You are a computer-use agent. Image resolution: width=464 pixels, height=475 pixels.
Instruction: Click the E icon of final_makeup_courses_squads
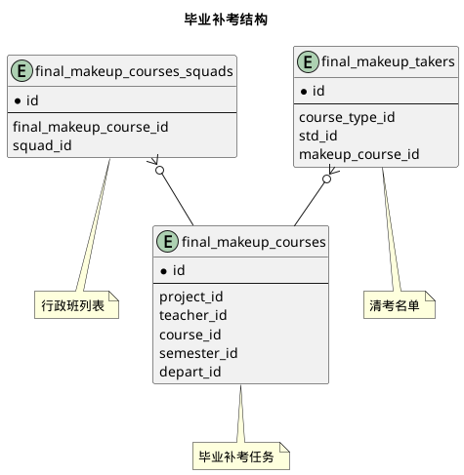click(21, 70)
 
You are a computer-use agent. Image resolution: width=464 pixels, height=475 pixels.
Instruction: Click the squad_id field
click(40, 145)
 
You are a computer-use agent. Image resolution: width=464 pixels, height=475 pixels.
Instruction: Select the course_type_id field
click(347, 117)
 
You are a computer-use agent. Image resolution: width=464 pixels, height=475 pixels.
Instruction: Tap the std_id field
click(318, 136)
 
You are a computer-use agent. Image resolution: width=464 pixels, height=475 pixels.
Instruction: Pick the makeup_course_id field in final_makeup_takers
click(359, 155)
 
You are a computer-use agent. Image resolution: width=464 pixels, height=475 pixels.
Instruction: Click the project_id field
click(191, 296)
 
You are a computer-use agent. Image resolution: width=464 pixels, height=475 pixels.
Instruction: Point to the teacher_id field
click(193, 314)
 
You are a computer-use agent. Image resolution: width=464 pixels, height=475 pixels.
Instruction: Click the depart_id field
click(190, 372)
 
